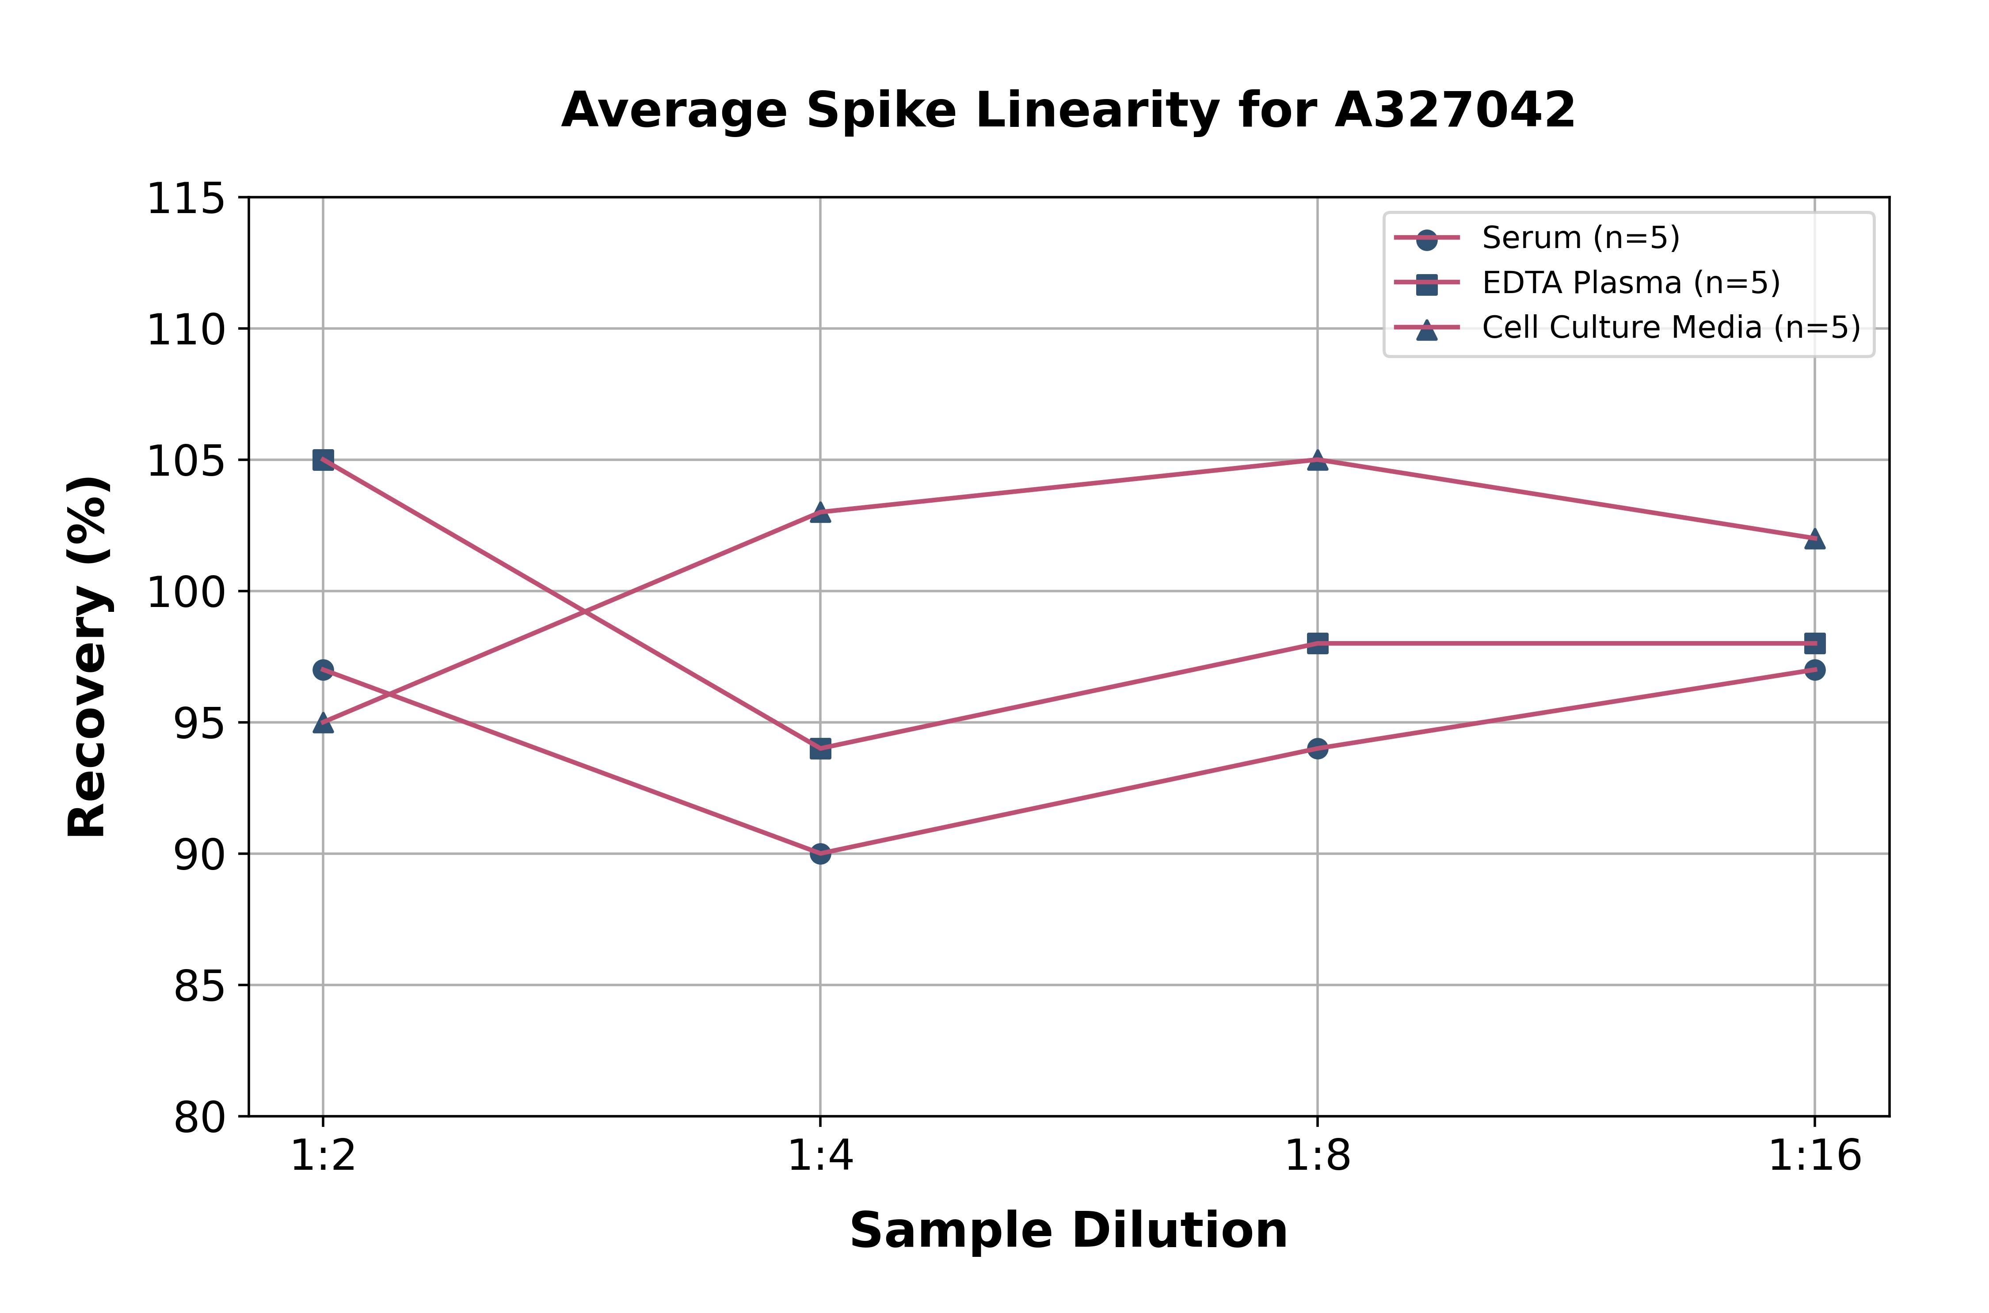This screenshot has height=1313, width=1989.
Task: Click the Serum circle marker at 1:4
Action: coord(820,853)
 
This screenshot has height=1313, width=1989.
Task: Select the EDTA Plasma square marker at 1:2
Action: coord(323,460)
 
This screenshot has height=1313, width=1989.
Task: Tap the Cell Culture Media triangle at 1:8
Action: coord(1318,460)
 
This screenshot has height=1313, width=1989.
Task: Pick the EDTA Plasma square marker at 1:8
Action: coord(1318,643)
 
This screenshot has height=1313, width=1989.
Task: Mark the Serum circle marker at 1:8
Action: coord(1318,748)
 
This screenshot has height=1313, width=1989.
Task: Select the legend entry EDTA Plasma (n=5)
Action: coord(1630,283)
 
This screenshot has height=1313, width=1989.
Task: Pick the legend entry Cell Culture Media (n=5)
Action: coord(1670,328)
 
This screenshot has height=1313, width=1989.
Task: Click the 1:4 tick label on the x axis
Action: coord(820,1157)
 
